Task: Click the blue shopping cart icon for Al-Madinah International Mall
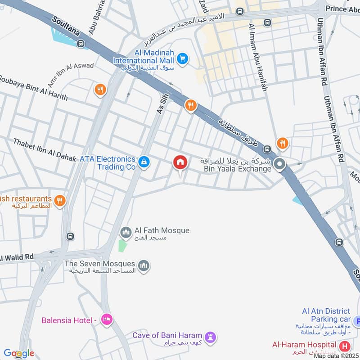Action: pos(182,58)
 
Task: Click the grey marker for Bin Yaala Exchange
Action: pos(280,165)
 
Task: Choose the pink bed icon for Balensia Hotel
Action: pos(107,320)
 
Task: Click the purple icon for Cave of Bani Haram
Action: pos(210,337)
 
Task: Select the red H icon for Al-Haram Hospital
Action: pos(345,346)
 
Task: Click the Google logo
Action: pos(19,353)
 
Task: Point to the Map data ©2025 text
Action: pos(336,356)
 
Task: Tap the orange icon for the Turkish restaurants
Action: pos(59,200)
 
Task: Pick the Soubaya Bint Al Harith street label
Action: pos(34,90)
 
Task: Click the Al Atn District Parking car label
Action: pos(326,315)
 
